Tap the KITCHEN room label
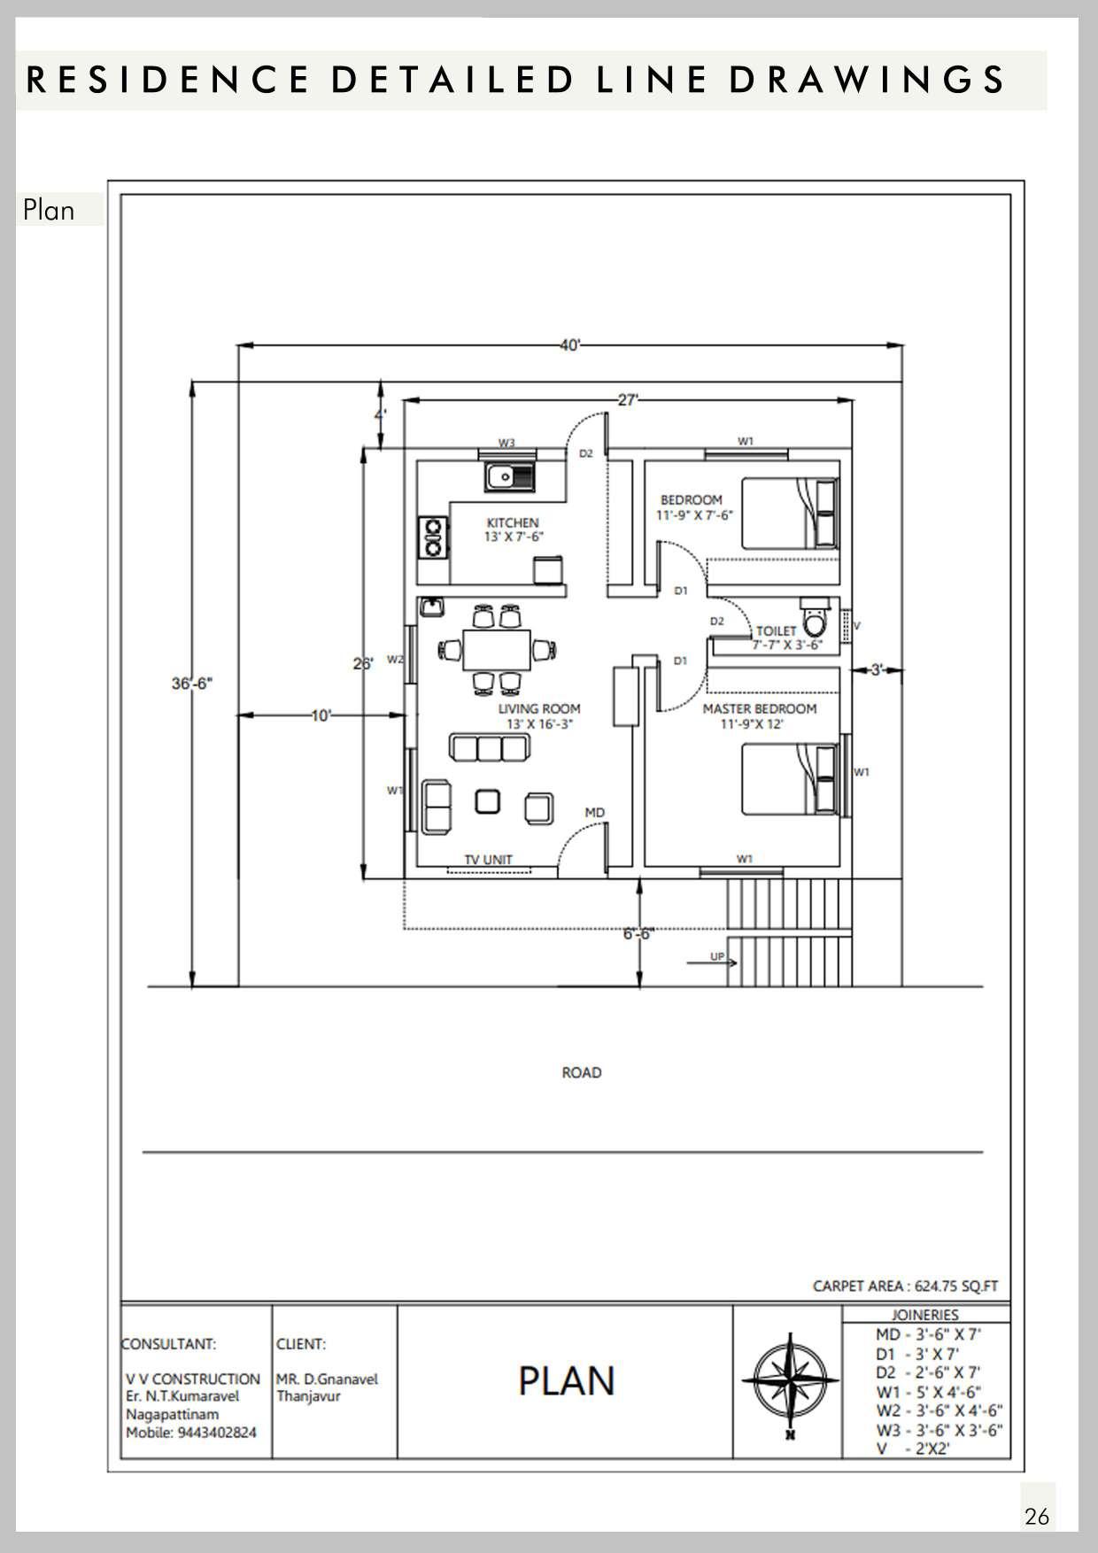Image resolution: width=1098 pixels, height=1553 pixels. [x=513, y=522]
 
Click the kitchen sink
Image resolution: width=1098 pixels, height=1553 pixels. [x=509, y=477]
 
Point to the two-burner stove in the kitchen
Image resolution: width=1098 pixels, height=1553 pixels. [x=433, y=537]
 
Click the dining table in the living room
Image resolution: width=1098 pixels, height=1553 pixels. [x=496, y=651]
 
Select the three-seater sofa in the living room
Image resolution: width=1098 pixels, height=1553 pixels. [x=489, y=747]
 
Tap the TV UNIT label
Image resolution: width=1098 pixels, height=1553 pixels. [x=489, y=859]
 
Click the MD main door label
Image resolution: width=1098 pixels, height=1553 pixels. [x=595, y=812]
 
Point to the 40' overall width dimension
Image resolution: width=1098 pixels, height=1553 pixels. [x=570, y=345]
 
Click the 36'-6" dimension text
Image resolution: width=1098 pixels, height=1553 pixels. [x=192, y=684]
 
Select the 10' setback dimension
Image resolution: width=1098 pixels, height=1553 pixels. [x=321, y=715]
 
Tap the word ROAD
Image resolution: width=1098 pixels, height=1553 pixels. [x=582, y=1072]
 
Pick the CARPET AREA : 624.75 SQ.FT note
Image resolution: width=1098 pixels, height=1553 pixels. [x=905, y=1286]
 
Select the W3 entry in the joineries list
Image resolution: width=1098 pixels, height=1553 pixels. [x=939, y=1430]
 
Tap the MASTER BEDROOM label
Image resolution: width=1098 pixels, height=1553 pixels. [x=760, y=708]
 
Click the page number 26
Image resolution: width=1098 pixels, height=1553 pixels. [x=1037, y=1517]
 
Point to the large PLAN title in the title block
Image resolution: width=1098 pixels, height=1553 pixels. [x=567, y=1381]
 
